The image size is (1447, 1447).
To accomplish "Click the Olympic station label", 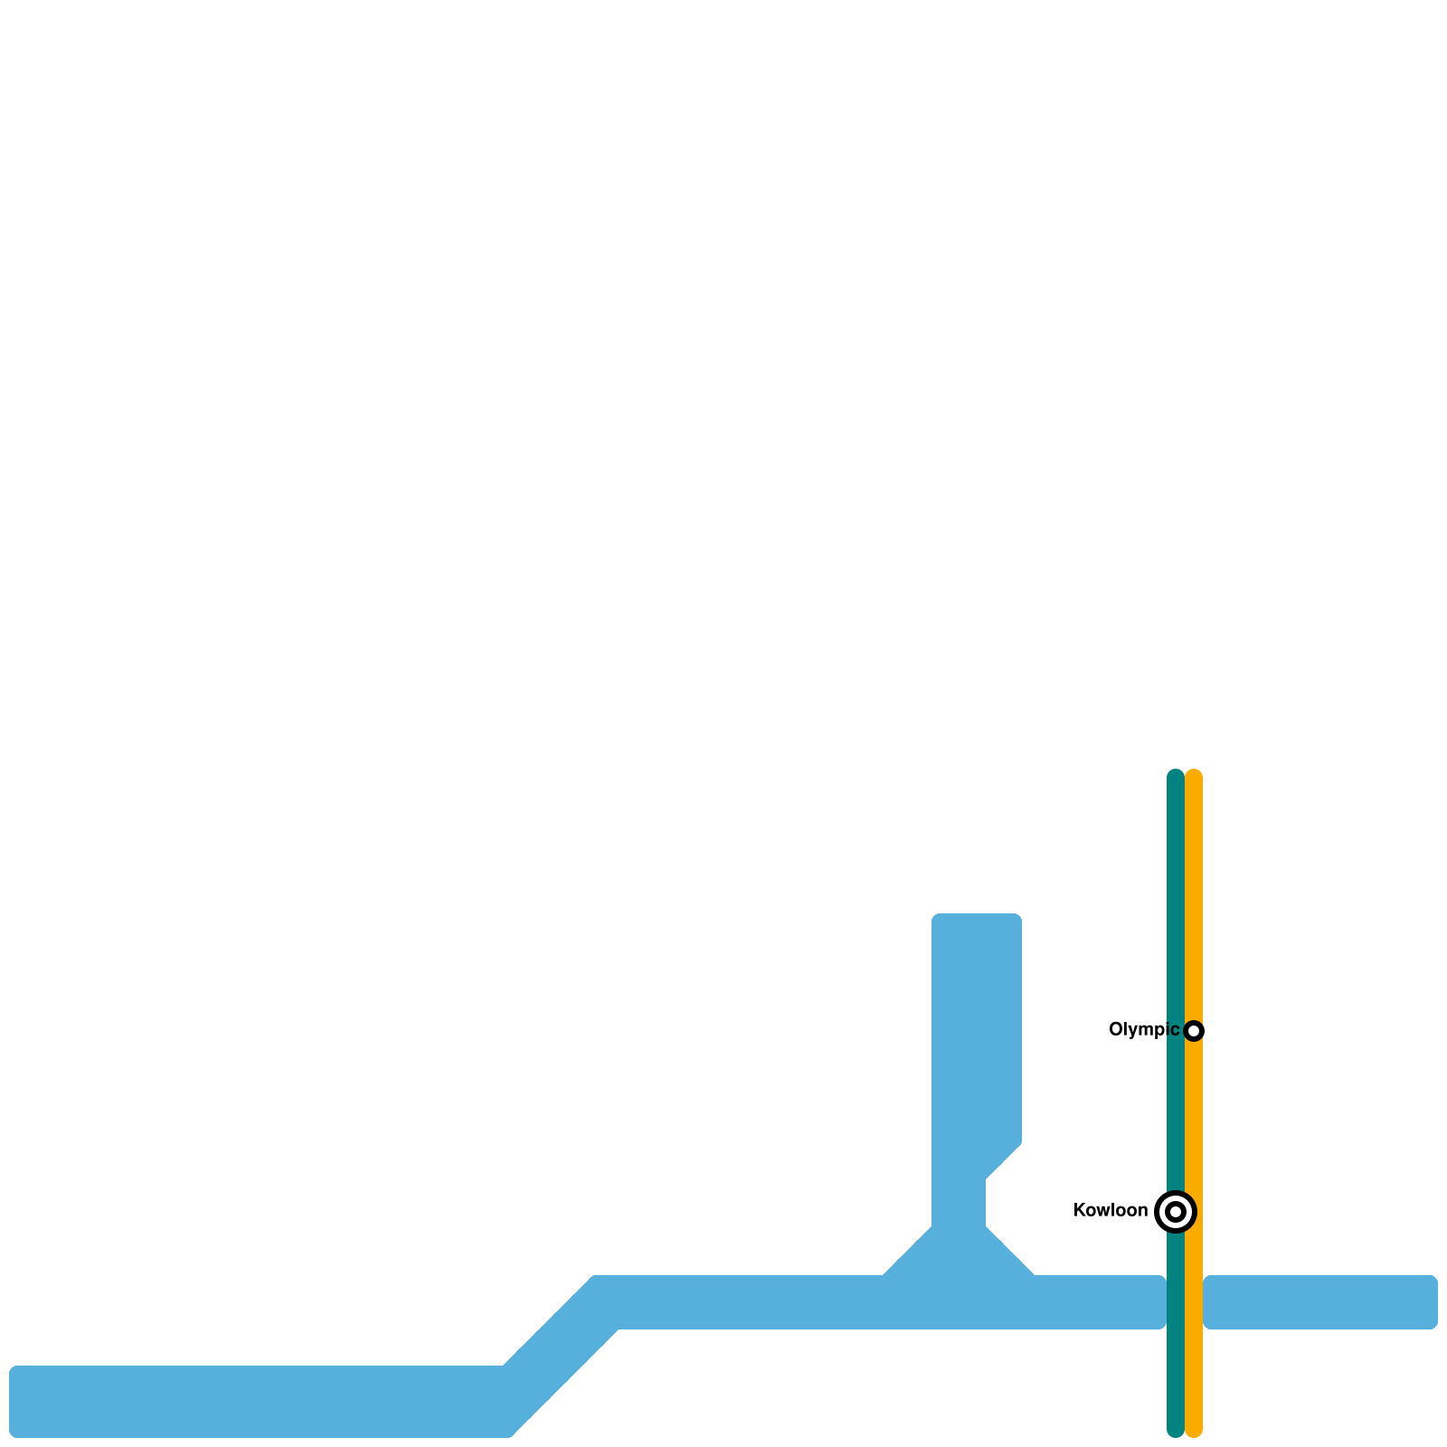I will pos(1143,1029).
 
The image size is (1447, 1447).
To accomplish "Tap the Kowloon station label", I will pos(1110,1210).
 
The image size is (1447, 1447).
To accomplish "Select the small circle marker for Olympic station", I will pos(1194,1030).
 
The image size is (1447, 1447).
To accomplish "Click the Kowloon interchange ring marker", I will pos(1176,1211).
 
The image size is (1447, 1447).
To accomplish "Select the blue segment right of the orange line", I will pos(1320,1302).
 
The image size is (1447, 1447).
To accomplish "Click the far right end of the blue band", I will pos(1433,1302).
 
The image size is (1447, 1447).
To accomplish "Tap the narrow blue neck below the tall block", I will pos(959,1198).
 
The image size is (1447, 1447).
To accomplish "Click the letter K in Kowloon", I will pos(1078,1210).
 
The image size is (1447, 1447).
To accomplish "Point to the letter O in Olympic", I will pos(1116,1029).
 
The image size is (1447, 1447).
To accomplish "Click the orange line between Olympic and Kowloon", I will pos(1194,1121).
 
